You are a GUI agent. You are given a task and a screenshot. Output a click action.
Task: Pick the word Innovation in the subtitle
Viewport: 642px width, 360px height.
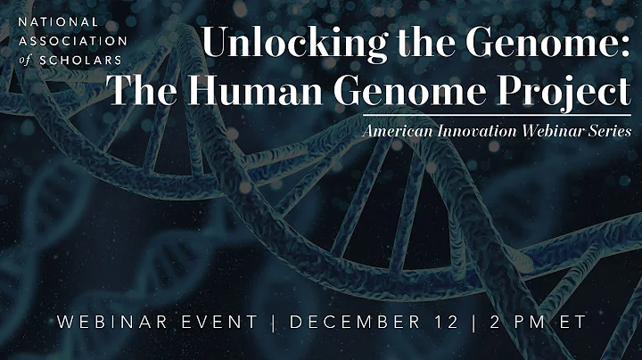click(x=469, y=130)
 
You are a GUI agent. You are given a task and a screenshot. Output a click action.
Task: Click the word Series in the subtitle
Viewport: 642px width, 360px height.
click(x=606, y=130)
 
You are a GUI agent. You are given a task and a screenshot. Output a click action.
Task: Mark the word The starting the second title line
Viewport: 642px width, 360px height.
click(x=143, y=90)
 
